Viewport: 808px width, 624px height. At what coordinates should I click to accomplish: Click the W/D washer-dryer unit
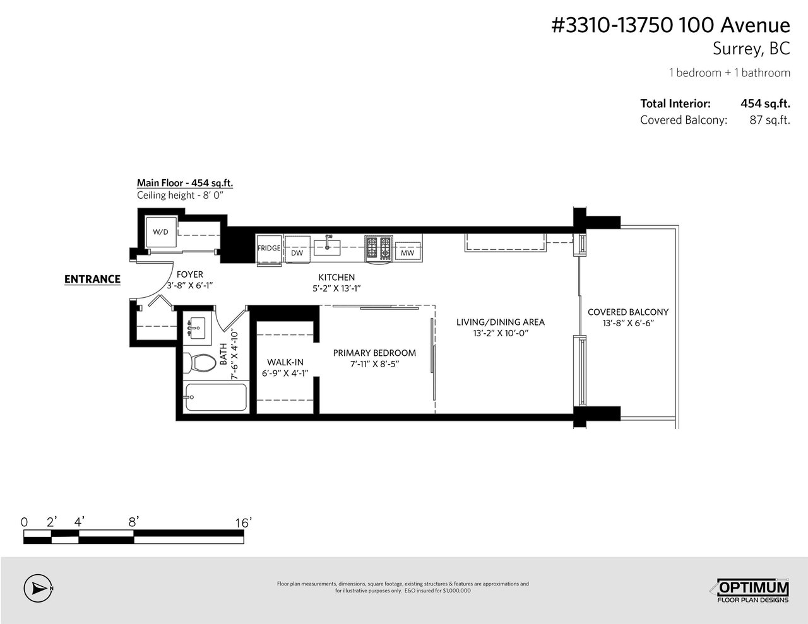160,232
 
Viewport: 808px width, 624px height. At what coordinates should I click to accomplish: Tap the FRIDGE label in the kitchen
269,248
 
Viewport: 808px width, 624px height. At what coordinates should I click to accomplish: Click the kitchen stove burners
379,247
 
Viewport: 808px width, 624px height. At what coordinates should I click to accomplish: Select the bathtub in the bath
216,397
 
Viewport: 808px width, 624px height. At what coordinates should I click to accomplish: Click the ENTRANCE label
92,279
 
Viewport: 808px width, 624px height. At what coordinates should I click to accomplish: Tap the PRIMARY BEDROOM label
374,353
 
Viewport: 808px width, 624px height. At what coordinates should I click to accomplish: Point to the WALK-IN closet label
285,362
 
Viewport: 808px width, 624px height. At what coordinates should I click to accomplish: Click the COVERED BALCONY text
628,312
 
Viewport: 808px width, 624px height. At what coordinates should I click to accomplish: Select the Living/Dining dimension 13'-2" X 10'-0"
501,333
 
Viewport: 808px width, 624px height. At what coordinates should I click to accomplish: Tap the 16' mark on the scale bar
243,523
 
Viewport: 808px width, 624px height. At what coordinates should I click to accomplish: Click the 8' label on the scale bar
133,522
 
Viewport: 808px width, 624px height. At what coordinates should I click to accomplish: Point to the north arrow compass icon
38,588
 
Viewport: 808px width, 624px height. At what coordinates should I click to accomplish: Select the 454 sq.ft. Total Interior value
765,103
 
